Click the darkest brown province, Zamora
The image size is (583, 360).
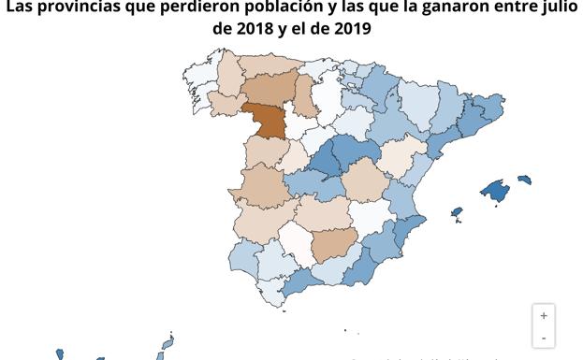point(266,120)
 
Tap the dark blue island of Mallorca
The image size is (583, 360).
point(495,191)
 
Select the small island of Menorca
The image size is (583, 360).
point(524,179)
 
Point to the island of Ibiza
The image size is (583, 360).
point(456,213)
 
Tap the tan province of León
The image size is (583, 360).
point(269,87)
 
